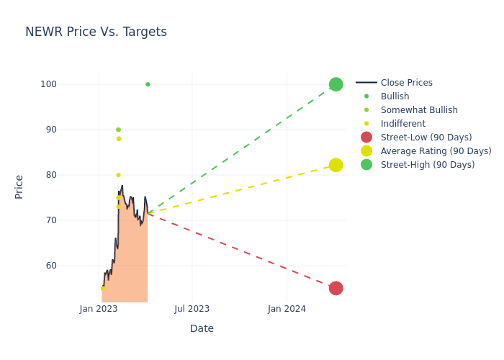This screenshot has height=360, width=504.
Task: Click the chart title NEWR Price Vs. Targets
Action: (96, 32)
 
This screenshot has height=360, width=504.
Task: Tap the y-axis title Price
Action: (19, 186)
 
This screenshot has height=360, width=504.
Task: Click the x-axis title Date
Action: (202, 328)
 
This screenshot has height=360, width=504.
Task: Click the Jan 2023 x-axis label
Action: (99, 309)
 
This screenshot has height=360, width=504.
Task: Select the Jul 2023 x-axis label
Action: (192, 309)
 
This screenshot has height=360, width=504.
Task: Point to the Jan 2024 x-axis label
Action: (287, 309)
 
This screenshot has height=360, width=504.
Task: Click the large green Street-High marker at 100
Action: (336, 84)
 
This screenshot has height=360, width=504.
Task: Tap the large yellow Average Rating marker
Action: (336, 165)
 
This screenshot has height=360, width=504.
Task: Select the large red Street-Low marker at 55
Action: (336, 288)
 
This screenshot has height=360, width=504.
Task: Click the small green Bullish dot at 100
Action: (148, 84)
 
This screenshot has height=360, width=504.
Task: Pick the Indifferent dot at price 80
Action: (118, 175)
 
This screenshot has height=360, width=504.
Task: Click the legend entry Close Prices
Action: (406, 83)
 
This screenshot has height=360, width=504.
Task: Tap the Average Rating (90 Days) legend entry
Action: (436, 151)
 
